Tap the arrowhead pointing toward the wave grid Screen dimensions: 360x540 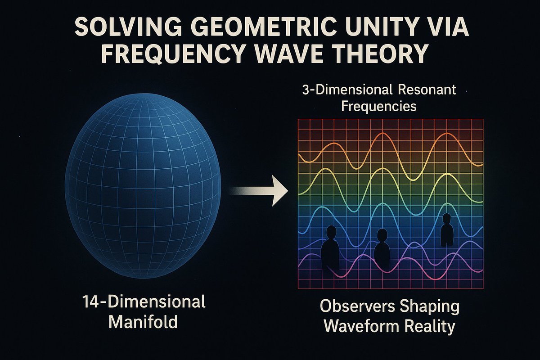[280, 191]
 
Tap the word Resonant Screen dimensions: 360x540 [431, 90]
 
